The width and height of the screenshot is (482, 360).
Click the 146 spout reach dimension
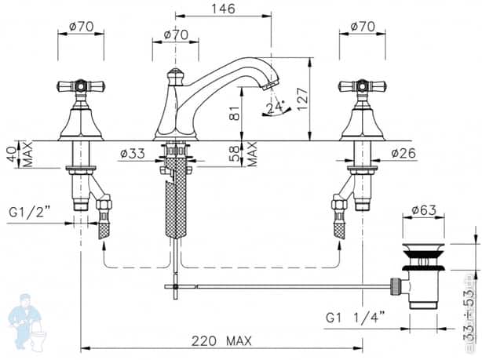(223, 9)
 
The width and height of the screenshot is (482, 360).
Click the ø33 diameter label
(133, 155)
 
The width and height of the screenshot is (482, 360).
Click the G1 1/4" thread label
(355, 317)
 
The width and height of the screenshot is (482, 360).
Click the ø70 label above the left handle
(81, 26)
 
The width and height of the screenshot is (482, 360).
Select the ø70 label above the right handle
(363, 26)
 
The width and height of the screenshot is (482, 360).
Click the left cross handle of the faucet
(81, 85)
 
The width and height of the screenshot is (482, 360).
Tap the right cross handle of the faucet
(362, 85)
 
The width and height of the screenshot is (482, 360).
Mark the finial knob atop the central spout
(175, 75)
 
